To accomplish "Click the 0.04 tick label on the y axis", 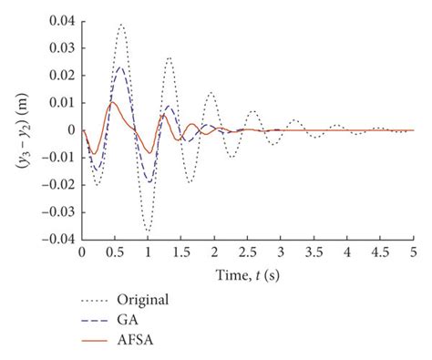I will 62,20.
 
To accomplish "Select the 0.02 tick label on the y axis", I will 62,75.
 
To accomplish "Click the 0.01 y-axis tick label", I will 62,102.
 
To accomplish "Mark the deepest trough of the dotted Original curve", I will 148,232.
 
